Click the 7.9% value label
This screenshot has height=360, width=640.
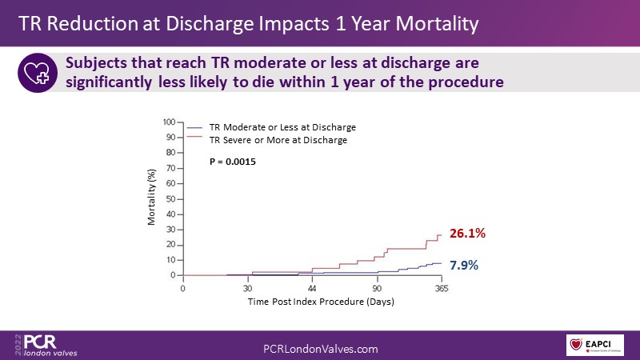pos(462,265)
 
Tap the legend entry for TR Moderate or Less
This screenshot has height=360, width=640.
pos(282,127)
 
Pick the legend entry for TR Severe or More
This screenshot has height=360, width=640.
pos(278,140)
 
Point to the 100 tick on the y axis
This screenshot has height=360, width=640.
pos(168,122)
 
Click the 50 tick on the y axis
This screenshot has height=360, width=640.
pos(170,199)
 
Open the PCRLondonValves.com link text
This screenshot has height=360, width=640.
pos(320,349)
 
